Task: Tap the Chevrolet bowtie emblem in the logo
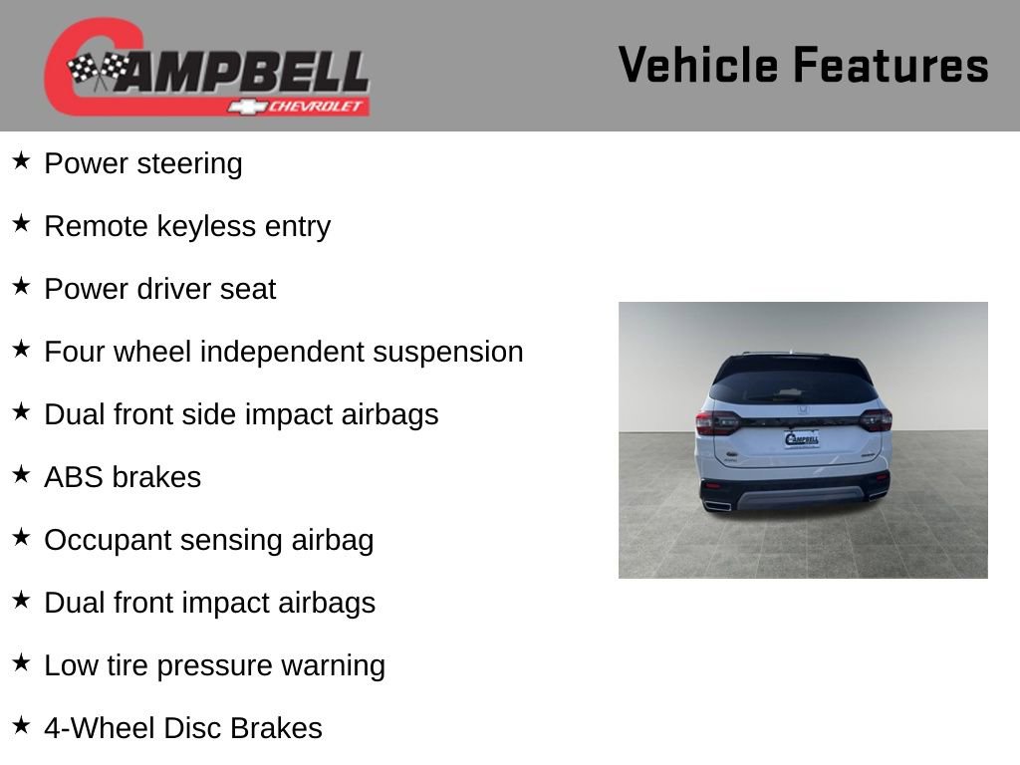[x=247, y=107]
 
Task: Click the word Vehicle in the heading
[x=698, y=65]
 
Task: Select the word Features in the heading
[x=891, y=65]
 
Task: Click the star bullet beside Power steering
[x=21, y=160]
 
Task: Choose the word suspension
[x=447, y=352]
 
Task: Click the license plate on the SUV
[x=802, y=439]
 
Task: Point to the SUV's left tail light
[x=717, y=422]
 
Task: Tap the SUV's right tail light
[x=876, y=420]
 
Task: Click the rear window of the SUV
[x=792, y=386]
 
